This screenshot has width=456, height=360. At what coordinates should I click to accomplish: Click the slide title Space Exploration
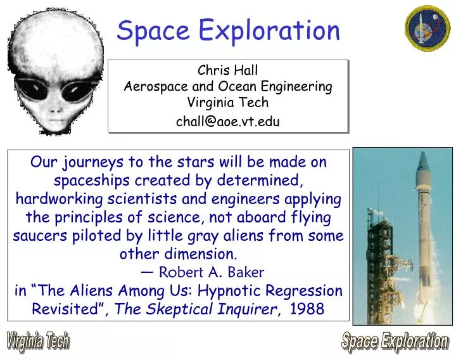pos(229,30)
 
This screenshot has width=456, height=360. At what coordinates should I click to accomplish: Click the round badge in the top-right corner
pos(427,29)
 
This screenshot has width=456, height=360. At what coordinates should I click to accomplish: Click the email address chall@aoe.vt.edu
pos(228,122)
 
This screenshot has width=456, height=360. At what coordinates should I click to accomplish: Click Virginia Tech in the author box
pos(228,103)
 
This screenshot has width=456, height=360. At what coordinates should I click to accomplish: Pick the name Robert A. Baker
pos(211,273)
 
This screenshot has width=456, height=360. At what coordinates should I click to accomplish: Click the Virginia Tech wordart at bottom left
pos(37,342)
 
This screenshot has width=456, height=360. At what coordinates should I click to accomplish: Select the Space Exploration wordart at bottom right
pos(395,342)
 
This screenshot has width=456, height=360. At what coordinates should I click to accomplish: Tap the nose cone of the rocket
pos(424,164)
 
